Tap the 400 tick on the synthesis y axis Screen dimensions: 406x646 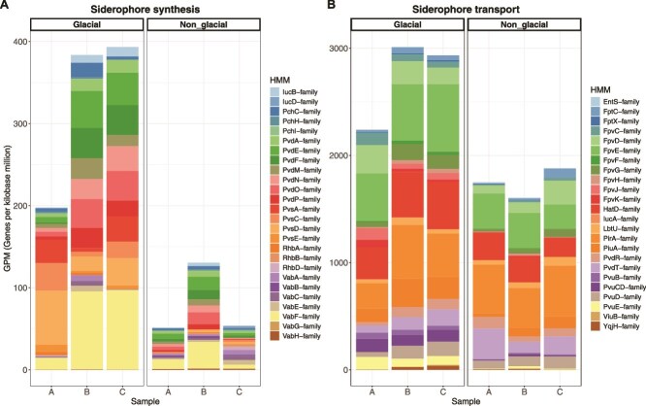click(x=21, y=43)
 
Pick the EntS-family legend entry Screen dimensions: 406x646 click(x=609, y=101)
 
